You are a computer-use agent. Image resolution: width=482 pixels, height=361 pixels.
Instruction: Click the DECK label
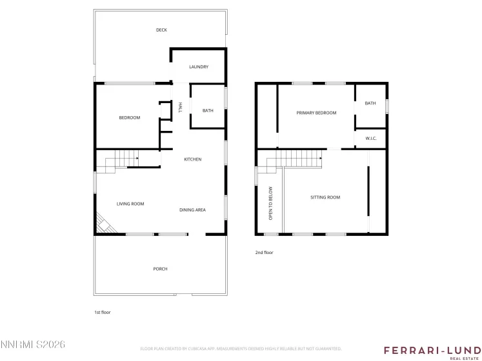point(161,30)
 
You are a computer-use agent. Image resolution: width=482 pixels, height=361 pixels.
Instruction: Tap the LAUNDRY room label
point(198,67)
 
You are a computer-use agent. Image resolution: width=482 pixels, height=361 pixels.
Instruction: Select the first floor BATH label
point(208,111)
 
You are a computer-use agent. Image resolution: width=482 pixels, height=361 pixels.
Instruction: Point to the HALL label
point(181,106)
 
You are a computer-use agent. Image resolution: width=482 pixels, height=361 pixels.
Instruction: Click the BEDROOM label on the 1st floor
point(129,117)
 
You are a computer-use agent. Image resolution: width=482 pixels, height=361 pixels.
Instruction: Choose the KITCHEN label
point(192,159)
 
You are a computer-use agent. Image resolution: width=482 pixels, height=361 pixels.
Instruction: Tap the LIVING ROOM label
point(130,204)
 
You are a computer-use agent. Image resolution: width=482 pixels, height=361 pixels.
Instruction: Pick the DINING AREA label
point(192,210)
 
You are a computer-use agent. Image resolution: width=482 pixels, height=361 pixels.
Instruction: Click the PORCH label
point(160,269)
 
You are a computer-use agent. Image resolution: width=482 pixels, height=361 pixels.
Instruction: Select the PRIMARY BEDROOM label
point(316,113)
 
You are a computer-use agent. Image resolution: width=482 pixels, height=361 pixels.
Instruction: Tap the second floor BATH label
point(370,103)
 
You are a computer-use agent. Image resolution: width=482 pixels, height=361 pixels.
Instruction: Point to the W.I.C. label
point(371,138)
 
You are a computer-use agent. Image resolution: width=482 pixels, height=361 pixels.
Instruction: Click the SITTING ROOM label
point(325,197)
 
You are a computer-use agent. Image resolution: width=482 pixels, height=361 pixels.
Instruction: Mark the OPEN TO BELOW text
point(271,203)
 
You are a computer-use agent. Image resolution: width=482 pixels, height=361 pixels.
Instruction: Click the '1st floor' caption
point(103,312)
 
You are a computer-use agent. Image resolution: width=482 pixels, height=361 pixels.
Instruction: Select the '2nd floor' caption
point(264,253)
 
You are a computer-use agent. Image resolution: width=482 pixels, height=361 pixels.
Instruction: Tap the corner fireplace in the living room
point(103,224)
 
